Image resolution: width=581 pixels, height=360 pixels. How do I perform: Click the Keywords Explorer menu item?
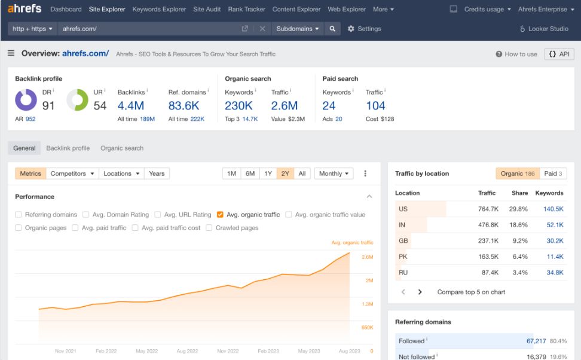point(159,10)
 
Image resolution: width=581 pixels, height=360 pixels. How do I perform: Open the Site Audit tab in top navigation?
point(207,10)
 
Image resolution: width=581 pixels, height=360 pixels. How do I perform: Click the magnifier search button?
point(332,29)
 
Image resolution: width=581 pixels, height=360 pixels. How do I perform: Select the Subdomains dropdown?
point(298,29)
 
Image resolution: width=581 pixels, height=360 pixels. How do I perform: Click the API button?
point(559,54)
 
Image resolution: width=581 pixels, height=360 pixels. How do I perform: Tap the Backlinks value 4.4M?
point(131,106)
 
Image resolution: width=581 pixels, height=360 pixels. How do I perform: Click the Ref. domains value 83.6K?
point(184,106)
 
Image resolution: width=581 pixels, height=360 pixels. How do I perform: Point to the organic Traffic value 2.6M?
point(284,106)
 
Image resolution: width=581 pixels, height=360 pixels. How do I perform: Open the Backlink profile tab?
point(68,148)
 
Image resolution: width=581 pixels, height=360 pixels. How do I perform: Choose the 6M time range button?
point(250,173)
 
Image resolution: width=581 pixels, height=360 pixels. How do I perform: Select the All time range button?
point(302,173)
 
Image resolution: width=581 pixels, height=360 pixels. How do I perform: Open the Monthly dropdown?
point(334,173)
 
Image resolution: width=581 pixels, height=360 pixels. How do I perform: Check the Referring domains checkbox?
point(19,215)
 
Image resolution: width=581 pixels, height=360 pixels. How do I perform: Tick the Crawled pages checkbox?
point(209,228)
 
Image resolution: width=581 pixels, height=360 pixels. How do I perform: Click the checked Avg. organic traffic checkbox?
point(221,215)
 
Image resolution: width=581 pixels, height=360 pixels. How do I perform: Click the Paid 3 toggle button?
point(553,173)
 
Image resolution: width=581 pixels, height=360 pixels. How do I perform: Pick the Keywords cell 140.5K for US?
point(553,209)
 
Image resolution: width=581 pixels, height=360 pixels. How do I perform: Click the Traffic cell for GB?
point(488,241)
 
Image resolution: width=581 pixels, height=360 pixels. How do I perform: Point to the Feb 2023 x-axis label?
point(268,351)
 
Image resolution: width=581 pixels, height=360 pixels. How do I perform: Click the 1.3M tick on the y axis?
point(367,304)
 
